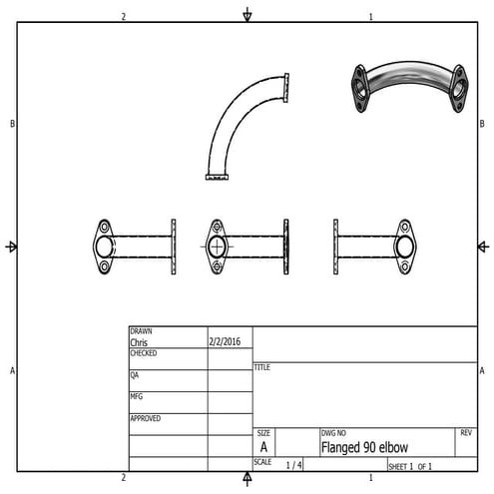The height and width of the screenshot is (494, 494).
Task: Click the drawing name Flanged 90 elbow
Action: [x=365, y=447]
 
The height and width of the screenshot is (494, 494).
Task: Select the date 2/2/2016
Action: [x=225, y=341]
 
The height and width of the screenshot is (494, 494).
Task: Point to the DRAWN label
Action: [x=142, y=331]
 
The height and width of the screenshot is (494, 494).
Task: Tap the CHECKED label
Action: [x=145, y=353]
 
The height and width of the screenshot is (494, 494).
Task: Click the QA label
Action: [x=135, y=375]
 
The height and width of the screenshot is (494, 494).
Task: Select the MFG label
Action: [x=136, y=396]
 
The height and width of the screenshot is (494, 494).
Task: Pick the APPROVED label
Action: [x=146, y=418]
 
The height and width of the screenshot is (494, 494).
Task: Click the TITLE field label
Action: [x=262, y=367]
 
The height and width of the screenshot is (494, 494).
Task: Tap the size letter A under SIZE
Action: [x=263, y=448]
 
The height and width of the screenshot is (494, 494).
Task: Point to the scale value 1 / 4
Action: [x=294, y=465]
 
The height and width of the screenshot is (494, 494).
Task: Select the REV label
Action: [x=466, y=433]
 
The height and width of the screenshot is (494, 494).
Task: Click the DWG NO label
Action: [x=333, y=433]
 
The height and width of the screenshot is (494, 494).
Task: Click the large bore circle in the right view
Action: [x=405, y=247]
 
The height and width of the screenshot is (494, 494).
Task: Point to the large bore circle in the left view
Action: [x=105, y=247]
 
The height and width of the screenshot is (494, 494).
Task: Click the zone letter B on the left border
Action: [x=11, y=124]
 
